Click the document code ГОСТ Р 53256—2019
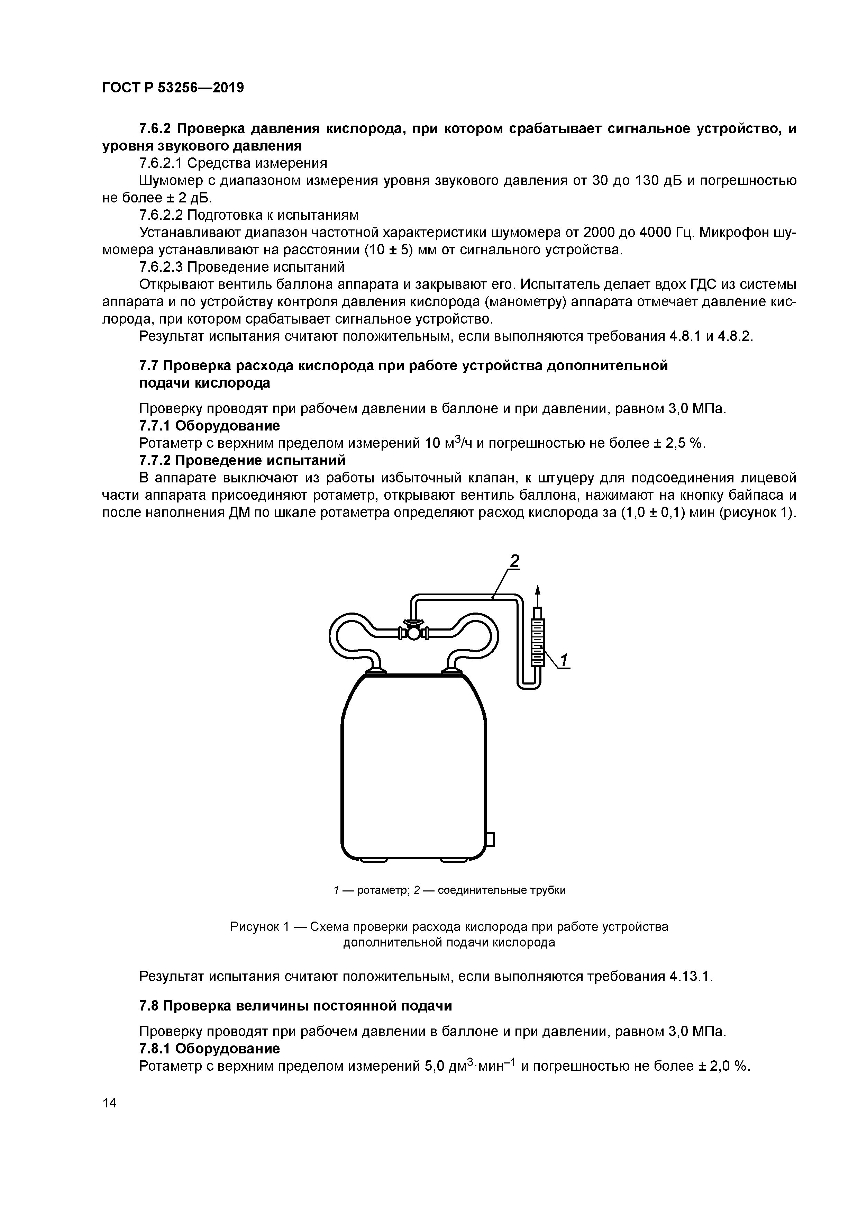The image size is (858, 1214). point(173,88)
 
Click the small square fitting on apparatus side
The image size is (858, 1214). point(490,839)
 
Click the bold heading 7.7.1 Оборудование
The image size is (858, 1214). point(209,426)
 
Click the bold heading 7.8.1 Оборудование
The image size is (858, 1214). point(209,1049)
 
